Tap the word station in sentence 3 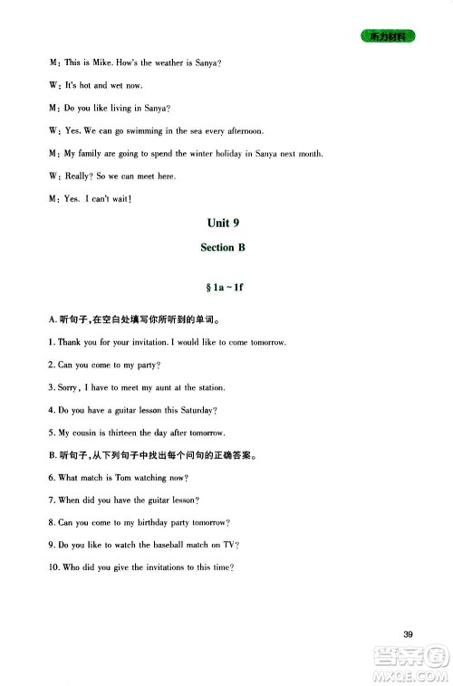click(210, 387)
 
